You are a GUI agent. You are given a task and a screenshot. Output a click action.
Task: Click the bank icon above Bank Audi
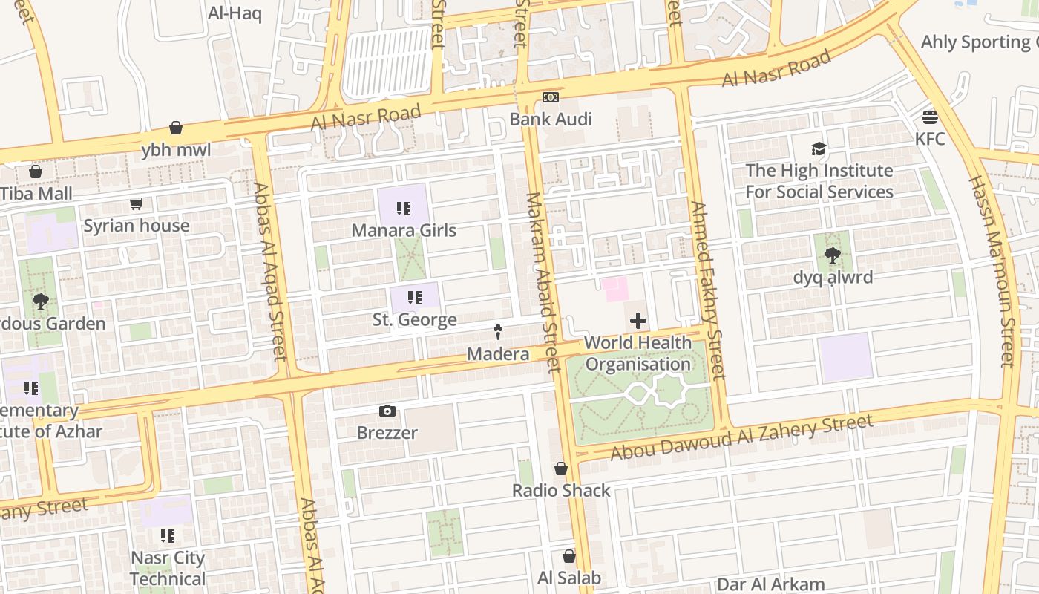pyautogui.click(x=550, y=97)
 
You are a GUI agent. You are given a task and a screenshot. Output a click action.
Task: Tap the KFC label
pyautogui.click(x=929, y=139)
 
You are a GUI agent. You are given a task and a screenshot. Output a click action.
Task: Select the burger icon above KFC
pyautogui.click(x=929, y=117)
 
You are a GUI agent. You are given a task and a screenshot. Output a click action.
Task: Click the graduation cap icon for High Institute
pyautogui.click(x=819, y=148)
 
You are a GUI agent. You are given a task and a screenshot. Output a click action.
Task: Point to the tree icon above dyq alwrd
pyautogui.click(x=832, y=255)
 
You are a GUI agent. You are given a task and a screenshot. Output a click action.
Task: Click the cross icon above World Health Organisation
pyautogui.click(x=638, y=321)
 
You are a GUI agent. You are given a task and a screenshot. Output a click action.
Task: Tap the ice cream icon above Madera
pyautogui.click(x=498, y=332)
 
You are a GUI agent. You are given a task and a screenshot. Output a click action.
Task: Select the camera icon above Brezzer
pyautogui.click(x=387, y=411)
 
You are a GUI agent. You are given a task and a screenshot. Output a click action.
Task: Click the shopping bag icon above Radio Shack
pyautogui.click(x=561, y=469)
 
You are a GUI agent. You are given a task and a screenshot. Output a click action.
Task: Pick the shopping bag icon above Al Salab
pyautogui.click(x=568, y=556)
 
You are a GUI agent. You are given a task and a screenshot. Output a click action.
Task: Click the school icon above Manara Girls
pyautogui.click(x=403, y=209)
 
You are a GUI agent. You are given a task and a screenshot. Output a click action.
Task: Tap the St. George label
pyautogui.click(x=414, y=320)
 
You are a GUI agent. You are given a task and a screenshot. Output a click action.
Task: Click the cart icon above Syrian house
pyautogui.click(x=136, y=203)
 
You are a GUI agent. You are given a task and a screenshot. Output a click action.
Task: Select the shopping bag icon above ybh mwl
pyautogui.click(x=176, y=128)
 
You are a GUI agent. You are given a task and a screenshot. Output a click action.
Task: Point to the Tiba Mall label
pyautogui.click(x=36, y=194)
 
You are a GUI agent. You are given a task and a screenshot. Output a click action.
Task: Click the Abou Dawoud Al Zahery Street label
pyautogui.click(x=741, y=437)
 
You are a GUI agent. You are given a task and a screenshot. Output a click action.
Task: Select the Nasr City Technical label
pyautogui.click(x=168, y=568)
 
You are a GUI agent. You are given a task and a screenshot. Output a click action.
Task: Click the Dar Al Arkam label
pyautogui.click(x=770, y=584)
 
